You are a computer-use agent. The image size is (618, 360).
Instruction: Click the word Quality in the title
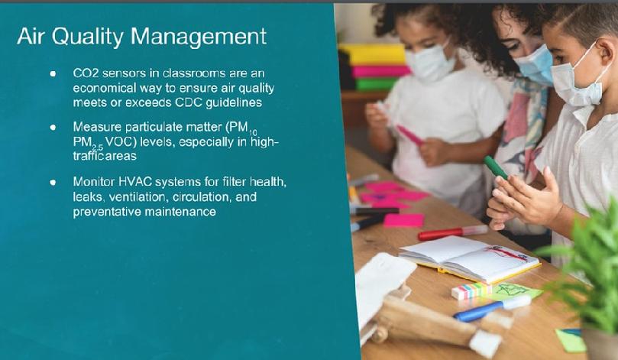pos(88,37)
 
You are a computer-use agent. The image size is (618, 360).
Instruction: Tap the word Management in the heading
pos(199,37)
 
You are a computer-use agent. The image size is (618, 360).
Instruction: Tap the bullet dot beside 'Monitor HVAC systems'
pos(53,182)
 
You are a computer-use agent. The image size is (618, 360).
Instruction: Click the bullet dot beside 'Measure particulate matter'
pos(53,128)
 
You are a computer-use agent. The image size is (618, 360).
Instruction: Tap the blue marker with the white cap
pos(492,308)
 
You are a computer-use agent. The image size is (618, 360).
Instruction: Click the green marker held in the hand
pos(496,167)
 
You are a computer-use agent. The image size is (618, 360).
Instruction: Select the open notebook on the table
pos(469,258)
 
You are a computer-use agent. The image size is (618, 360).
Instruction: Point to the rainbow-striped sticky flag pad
pos(471,290)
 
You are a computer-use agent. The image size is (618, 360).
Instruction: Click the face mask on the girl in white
pos(429,64)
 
